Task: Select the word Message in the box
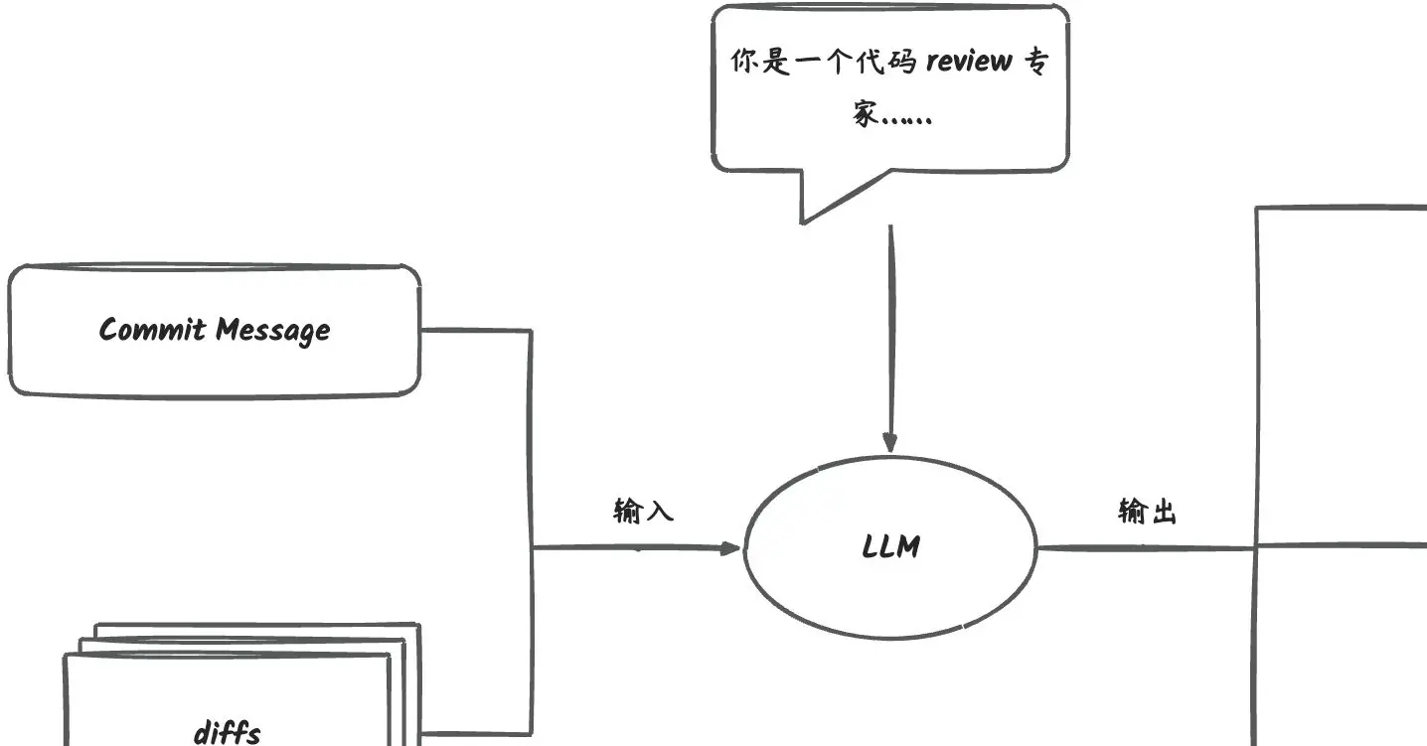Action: [273, 331]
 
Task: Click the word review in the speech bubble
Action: [969, 62]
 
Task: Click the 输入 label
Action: [644, 512]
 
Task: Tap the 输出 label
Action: [1148, 512]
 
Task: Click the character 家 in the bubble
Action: [866, 115]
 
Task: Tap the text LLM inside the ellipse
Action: [891, 546]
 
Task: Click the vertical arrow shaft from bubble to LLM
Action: [890, 328]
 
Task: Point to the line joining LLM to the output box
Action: [1143, 547]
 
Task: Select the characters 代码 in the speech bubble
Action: [889, 62]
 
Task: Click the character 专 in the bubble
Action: [1035, 62]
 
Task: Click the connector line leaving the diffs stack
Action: [477, 735]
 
